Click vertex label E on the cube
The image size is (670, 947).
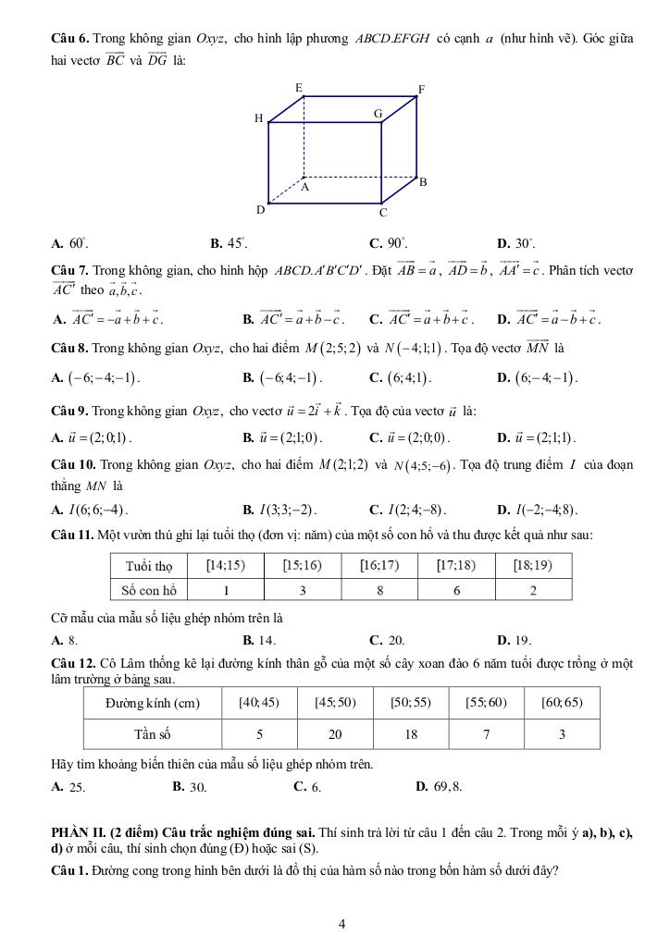point(298,87)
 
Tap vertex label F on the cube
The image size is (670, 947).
point(421,90)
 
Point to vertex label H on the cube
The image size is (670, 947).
point(258,118)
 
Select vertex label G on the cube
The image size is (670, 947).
point(378,113)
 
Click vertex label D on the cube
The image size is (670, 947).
point(260,210)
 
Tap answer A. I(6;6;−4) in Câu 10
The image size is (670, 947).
point(90,509)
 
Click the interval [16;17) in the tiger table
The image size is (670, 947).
point(380,565)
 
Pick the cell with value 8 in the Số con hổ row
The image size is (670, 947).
point(380,589)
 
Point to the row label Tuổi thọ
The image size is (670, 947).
point(148,565)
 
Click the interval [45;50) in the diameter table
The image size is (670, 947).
point(335,702)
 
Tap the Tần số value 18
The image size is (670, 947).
point(410,733)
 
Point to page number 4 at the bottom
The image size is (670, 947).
point(342,923)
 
